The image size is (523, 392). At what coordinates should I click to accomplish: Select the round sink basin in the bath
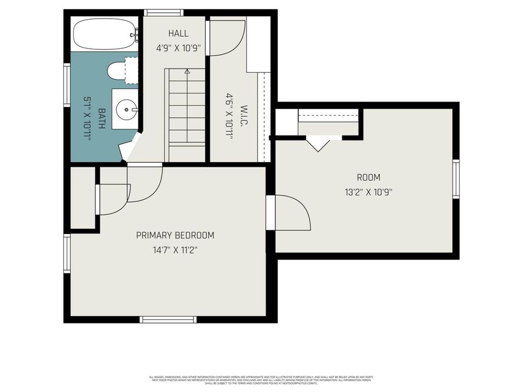(126, 108)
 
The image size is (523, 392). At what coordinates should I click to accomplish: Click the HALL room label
(178, 34)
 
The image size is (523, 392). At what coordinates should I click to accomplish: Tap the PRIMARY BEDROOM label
(175, 235)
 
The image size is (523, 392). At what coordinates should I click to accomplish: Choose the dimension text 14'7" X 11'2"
(174, 250)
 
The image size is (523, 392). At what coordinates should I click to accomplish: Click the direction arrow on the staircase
(187, 72)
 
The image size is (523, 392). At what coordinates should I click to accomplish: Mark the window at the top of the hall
(164, 13)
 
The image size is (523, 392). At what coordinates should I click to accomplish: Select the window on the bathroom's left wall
(67, 85)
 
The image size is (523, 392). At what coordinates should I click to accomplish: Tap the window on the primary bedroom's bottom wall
(169, 319)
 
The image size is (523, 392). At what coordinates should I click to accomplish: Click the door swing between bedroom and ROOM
(293, 213)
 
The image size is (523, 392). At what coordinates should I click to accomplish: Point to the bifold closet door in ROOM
(318, 142)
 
